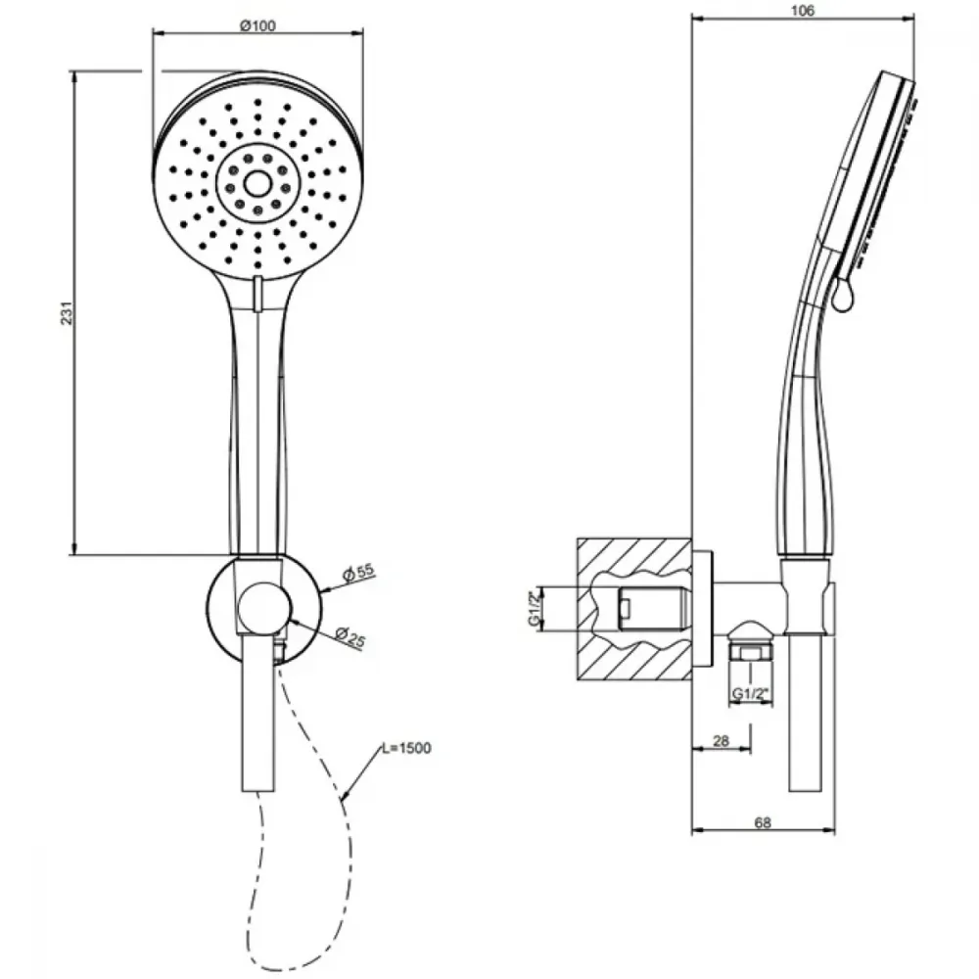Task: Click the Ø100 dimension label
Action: point(257,25)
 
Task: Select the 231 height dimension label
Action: point(67,313)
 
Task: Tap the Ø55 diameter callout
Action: point(359,572)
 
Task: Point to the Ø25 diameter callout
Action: point(350,637)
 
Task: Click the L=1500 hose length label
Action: point(406,748)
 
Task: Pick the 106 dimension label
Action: point(803,11)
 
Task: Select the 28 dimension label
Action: point(721,741)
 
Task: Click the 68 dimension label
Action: point(763,823)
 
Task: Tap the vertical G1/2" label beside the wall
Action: point(534,609)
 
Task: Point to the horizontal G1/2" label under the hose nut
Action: point(750,694)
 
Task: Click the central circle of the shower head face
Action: point(257,184)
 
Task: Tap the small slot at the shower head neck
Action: point(257,294)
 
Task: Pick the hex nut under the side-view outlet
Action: point(750,653)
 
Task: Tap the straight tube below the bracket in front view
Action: point(257,712)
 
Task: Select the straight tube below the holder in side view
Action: point(806,713)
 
